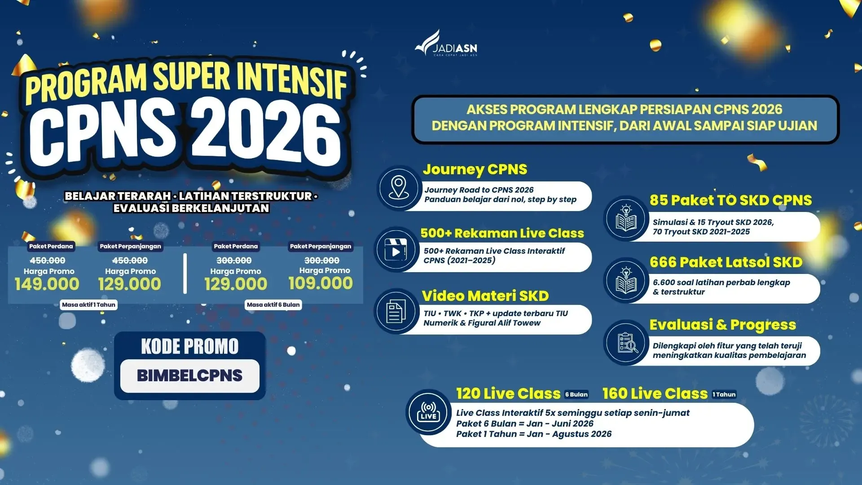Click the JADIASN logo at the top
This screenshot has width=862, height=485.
coord(446,44)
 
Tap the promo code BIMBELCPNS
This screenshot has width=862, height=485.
coord(189,375)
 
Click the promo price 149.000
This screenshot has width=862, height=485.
coord(47,284)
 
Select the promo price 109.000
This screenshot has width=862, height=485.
coord(321,283)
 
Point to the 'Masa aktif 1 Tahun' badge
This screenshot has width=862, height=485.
coord(89,304)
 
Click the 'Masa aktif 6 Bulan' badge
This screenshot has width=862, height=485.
coord(273,304)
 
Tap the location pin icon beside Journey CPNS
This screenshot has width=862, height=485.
coord(399,188)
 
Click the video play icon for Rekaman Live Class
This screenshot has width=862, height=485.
coord(396,250)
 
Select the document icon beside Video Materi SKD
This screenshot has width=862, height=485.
coord(396,311)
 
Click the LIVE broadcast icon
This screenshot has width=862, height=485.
coord(428,412)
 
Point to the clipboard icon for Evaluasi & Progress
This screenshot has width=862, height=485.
coord(627,343)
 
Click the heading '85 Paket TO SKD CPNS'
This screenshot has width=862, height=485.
coord(730,200)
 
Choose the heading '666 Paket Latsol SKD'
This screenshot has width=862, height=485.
coord(726,262)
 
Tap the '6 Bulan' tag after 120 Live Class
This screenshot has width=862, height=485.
coord(576,394)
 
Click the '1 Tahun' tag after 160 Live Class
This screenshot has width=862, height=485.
coord(724,394)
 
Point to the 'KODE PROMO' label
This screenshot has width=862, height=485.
coord(190,346)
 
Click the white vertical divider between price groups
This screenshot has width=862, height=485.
coord(185,274)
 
